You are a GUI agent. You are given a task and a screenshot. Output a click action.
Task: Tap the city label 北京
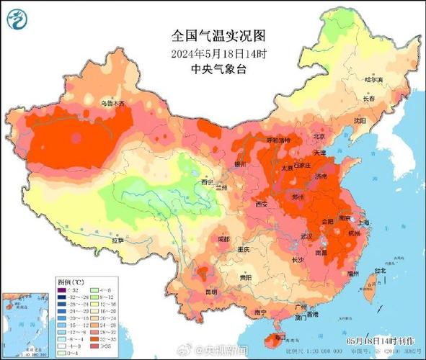coord(319,136)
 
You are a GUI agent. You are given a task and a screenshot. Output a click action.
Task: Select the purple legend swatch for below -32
coord(63,289)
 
